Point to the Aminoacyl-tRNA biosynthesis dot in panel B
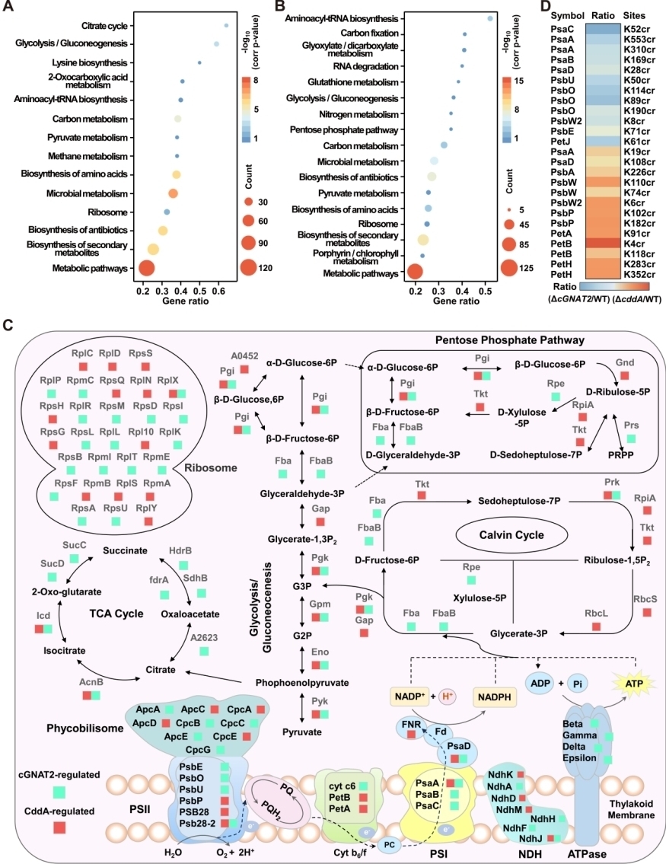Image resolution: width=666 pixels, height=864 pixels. tap(490, 18)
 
